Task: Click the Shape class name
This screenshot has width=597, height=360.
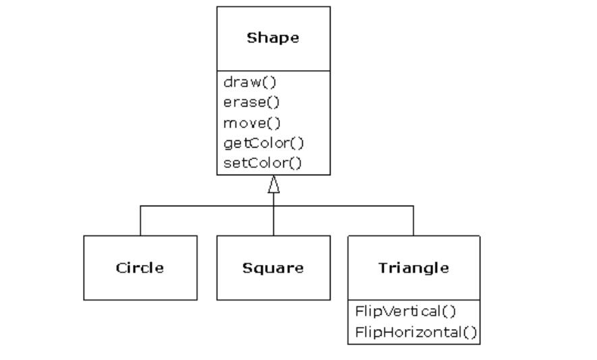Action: (x=273, y=38)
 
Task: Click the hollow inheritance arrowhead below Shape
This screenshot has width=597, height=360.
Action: (x=273, y=183)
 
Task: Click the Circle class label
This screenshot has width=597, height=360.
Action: (x=140, y=268)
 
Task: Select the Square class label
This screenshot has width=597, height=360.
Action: (x=273, y=268)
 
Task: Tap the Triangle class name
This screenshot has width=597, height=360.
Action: (x=414, y=268)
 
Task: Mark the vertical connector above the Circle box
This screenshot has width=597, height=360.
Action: (x=140, y=220)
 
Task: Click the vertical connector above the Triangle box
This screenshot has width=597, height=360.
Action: (x=414, y=220)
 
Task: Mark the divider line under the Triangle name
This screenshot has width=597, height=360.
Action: (x=414, y=301)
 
